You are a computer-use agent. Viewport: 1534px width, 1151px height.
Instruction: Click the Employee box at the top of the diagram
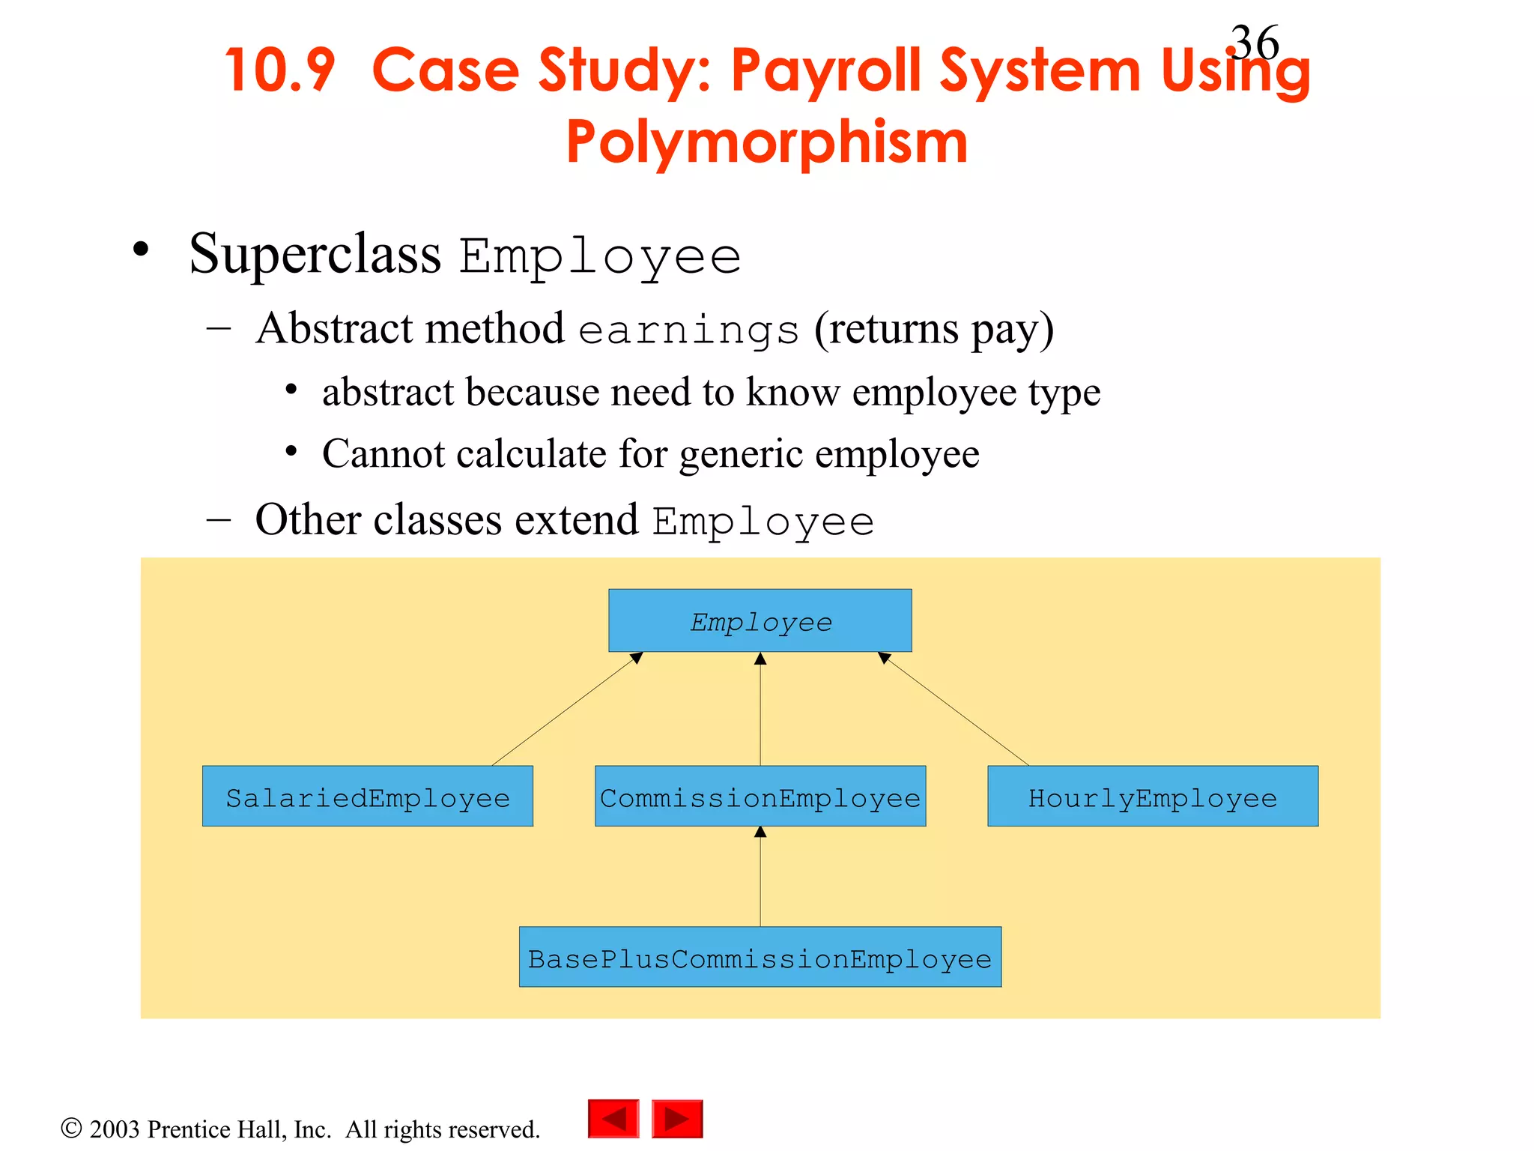click(x=760, y=620)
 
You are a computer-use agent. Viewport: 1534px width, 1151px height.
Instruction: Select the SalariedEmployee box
click(x=367, y=797)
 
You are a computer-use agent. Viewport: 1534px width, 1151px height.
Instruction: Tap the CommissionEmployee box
click(x=760, y=797)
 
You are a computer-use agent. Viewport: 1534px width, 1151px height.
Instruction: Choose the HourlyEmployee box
click(x=1152, y=797)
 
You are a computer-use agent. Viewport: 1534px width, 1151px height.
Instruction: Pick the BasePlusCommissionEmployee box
click(x=760, y=958)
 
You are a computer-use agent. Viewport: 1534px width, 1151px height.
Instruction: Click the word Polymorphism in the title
click(x=767, y=142)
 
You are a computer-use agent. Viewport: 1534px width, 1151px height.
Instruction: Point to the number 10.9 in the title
click(x=279, y=70)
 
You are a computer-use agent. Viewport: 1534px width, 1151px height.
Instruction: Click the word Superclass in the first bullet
click(x=315, y=255)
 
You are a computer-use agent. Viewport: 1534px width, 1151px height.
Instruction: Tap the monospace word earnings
click(x=688, y=330)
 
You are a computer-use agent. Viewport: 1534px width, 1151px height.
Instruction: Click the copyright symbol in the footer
click(x=71, y=1129)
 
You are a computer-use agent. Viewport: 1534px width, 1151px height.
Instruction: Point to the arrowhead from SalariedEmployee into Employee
click(x=637, y=658)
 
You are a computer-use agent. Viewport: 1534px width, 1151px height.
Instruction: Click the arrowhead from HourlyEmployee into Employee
click(x=884, y=658)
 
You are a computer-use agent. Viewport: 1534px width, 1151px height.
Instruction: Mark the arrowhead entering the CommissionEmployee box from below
click(x=760, y=832)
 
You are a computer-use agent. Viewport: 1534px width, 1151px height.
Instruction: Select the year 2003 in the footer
click(x=115, y=1129)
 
